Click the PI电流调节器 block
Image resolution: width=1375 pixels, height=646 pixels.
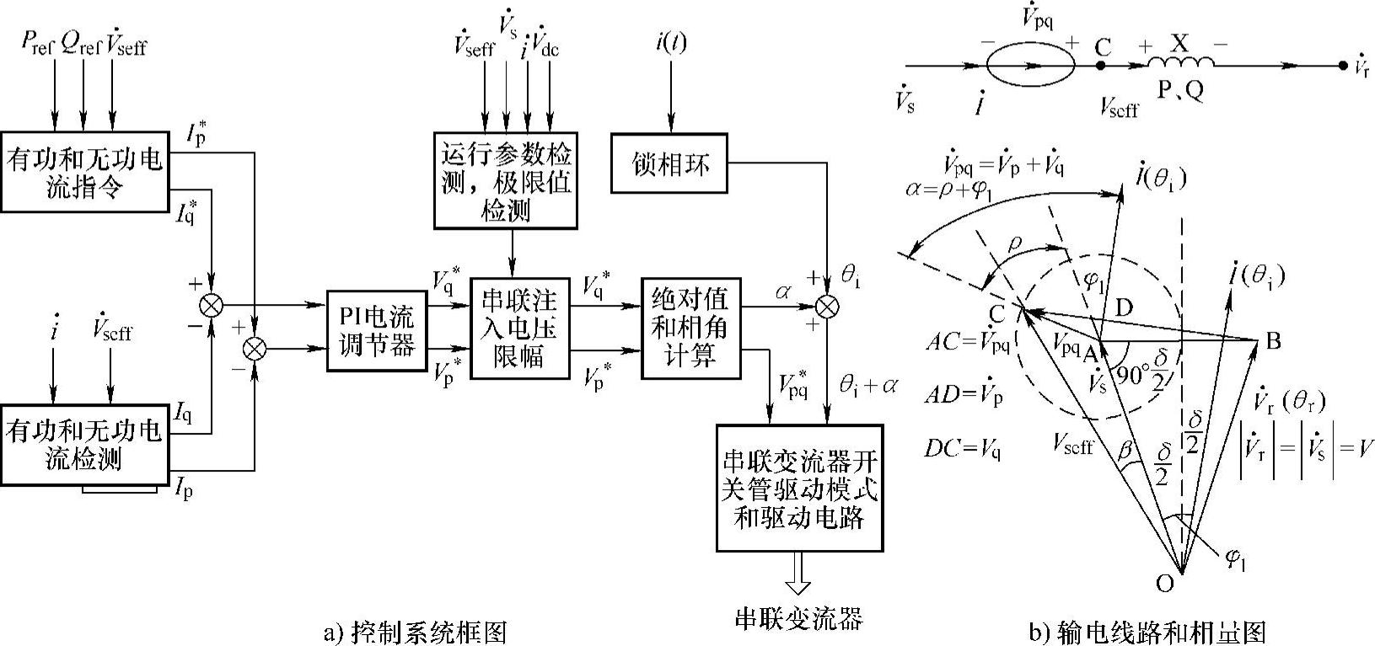(x=376, y=331)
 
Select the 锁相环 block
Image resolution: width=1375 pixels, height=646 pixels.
(x=669, y=163)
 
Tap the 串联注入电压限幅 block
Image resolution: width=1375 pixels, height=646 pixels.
(x=519, y=328)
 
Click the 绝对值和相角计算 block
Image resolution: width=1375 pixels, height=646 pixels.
(x=690, y=328)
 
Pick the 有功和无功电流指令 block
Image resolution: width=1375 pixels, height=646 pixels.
(x=84, y=172)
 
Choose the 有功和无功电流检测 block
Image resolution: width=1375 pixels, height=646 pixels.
(x=84, y=445)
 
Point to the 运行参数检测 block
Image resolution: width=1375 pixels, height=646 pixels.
(x=505, y=180)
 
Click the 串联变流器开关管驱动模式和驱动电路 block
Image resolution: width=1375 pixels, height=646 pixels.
(x=799, y=488)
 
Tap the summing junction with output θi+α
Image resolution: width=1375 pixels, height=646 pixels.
(x=827, y=306)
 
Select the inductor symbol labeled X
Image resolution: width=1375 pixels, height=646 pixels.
(x=1180, y=62)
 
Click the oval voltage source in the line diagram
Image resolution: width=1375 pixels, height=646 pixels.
(x=1031, y=64)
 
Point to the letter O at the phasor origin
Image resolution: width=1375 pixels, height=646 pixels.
(x=1164, y=583)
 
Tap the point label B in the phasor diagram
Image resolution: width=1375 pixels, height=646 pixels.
(x=1274, y=340)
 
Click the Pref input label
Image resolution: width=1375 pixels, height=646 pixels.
(x=37, y=42)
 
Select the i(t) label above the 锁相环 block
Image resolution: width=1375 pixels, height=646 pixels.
(x=670, y=43)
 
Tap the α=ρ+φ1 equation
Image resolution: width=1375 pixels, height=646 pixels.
(x=949, y=190)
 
